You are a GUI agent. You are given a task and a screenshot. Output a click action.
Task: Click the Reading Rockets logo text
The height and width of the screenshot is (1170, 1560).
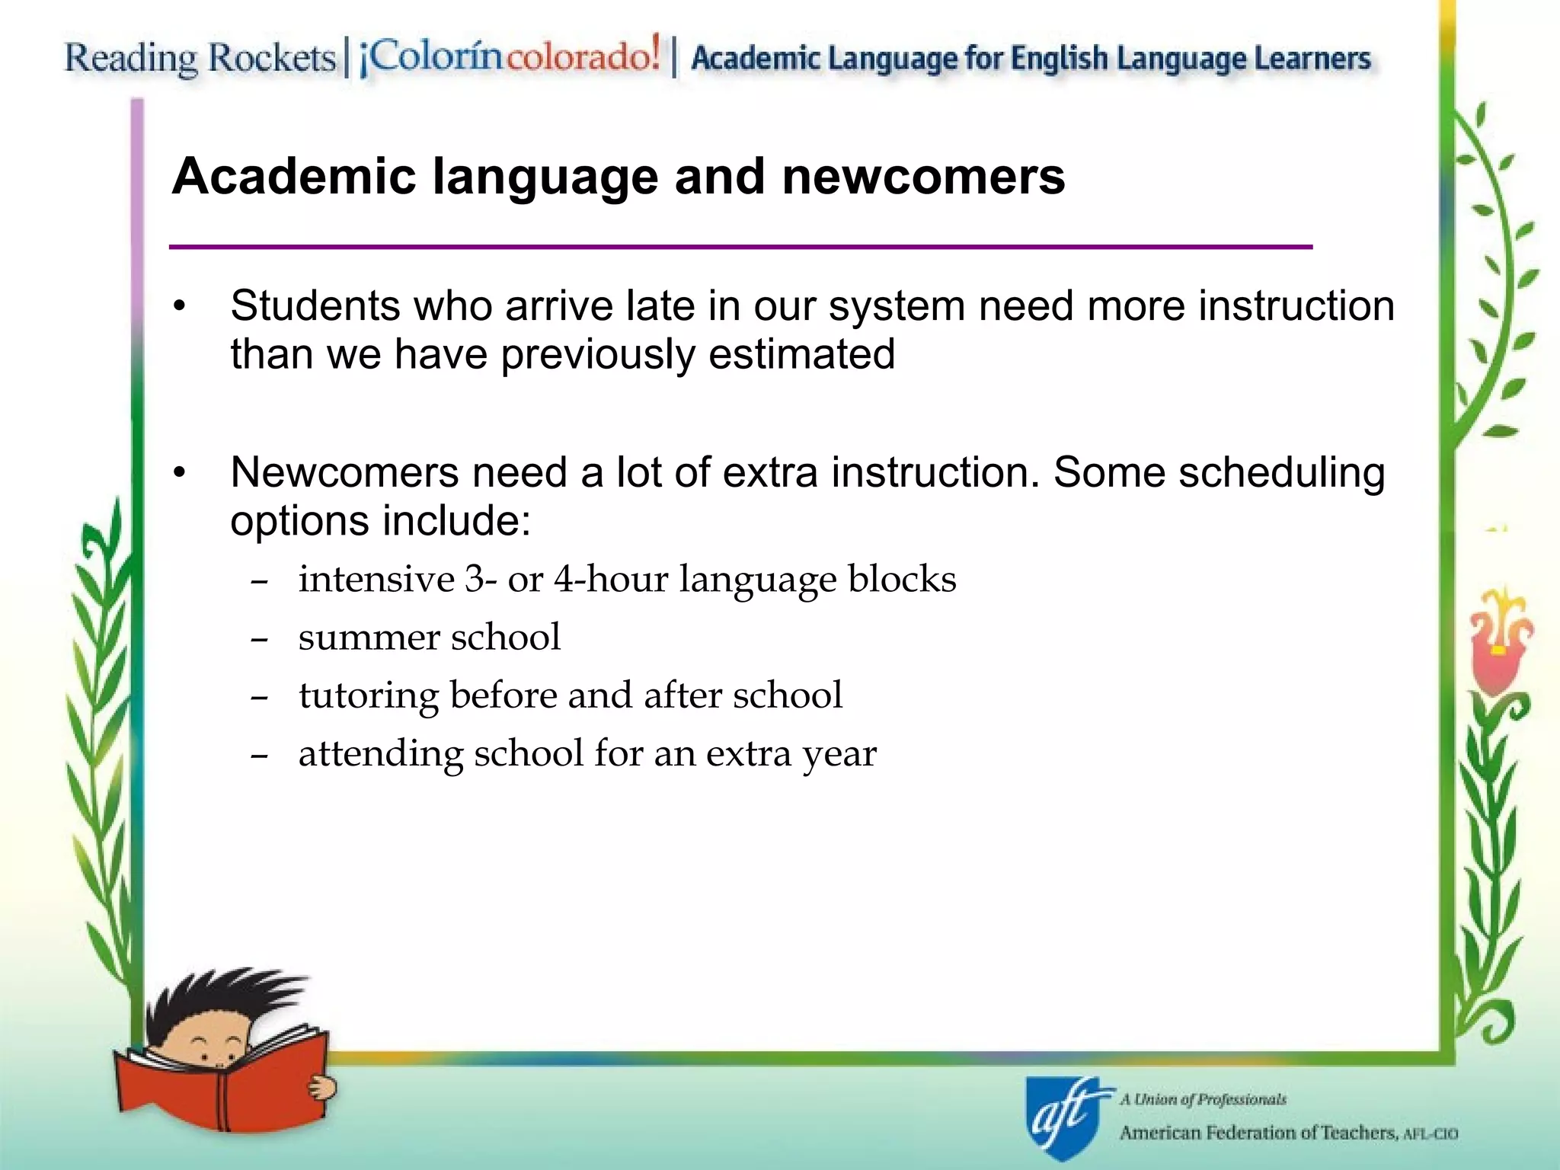(200, 59)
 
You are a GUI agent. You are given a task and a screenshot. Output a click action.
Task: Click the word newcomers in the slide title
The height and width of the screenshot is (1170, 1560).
(923, 177)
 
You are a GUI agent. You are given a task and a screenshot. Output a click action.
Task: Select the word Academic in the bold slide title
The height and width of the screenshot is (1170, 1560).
(294, 177)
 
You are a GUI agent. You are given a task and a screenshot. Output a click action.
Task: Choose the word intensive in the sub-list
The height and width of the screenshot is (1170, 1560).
(376, 579)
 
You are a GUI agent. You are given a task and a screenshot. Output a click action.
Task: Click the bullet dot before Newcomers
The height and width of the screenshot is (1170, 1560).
(180, 474)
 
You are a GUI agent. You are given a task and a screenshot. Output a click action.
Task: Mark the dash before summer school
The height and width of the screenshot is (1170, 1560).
(259, 639)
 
